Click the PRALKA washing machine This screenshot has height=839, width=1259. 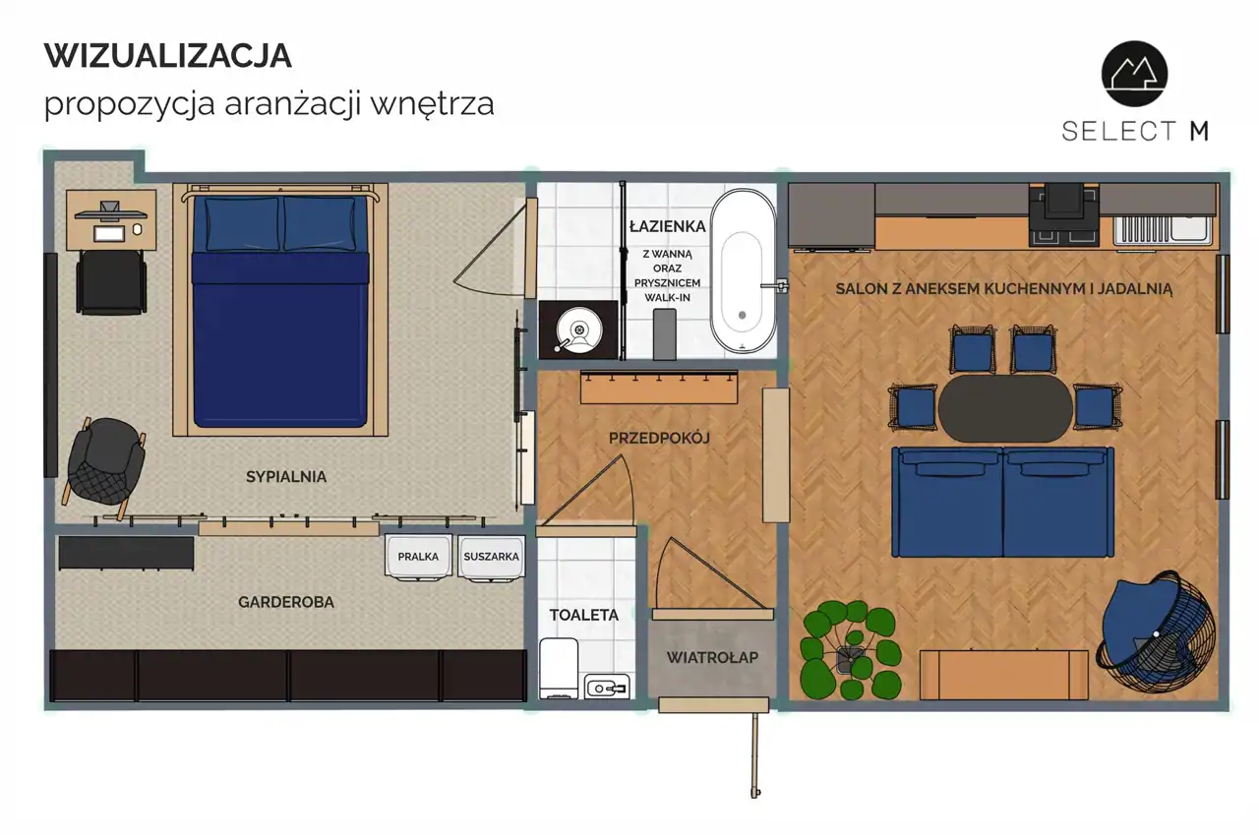pos(418,557)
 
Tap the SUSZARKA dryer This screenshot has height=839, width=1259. pos(491,557)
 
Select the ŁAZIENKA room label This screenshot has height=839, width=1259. pos(667,226)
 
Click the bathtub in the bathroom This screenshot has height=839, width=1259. pos(743,271)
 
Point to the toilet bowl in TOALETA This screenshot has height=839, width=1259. pos(559,668)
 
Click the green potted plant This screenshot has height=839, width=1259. pos(851,651)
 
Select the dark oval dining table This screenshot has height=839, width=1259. pos(1005,408)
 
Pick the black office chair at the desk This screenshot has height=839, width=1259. pos(111,282)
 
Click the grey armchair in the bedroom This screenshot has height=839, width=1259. pos(104,464)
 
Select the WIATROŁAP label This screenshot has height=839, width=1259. pos(712,657)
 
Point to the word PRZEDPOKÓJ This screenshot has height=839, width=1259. pos(659,438)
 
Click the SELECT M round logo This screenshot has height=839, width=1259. pos(1135,74)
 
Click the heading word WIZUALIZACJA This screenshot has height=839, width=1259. pos(168,56)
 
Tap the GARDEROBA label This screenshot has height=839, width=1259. pos(286,602)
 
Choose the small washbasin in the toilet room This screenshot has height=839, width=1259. pos(607,687)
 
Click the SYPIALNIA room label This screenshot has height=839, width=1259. pos(286,477)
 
